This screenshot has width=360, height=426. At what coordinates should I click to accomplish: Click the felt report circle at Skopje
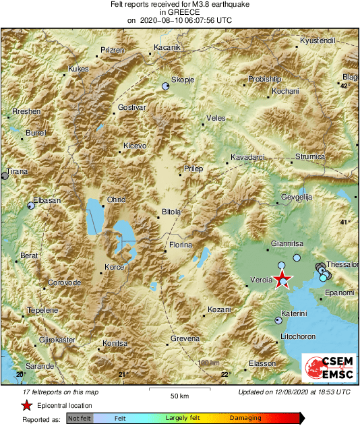click(x=166, y=86)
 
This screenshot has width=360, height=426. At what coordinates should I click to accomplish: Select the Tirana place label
click(x=16, y=172)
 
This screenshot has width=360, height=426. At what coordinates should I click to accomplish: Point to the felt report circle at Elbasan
click(x=30, y=206)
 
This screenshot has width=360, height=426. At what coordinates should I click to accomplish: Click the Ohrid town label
click(x=117, y=200)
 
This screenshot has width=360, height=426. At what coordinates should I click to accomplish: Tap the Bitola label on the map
click(x=171, y=212)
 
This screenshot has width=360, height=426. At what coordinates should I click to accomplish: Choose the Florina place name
click(x=180, y=245)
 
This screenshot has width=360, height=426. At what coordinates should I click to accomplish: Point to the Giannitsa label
click(x=287, y=243)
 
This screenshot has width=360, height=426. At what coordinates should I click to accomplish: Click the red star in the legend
click(x=26, y=405)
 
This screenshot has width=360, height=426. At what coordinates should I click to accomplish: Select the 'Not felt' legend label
click(x=80, y=419)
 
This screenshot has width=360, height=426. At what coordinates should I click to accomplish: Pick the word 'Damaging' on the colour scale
click(x=245, y=419)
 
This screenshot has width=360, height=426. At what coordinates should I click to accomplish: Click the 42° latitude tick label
click(x=344, y=86)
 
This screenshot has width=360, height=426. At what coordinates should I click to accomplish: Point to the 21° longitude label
click(x=122, y=375)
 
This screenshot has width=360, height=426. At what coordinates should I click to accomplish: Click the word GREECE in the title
click(x=181, y=12)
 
